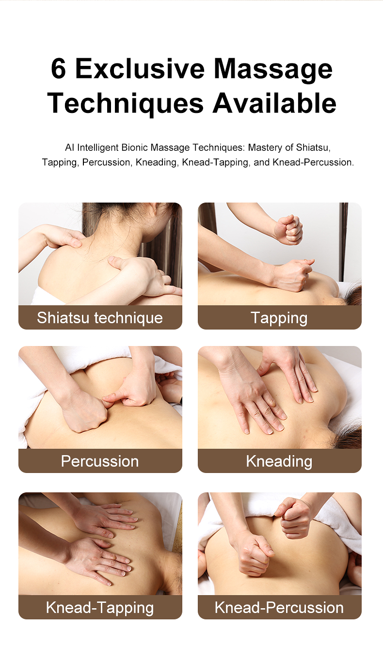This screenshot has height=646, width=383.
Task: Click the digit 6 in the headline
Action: (x=58, y=69)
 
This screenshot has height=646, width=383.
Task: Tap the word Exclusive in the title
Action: (x=140, y=69)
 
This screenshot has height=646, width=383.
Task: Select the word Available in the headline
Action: (x=274, y=103)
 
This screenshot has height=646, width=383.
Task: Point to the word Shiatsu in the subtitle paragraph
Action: (x=312, y=147)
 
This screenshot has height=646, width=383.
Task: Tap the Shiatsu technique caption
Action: (x=100, y=317)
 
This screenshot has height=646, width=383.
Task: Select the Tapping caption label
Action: (x=279, y=318)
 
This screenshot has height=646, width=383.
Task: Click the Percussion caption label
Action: (x=100, y=461)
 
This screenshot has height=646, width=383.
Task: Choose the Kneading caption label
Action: (x=279, y=461)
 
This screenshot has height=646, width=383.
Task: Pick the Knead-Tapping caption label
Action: (x=100, y=607)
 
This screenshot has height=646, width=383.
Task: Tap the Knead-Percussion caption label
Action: (x=279, y=607)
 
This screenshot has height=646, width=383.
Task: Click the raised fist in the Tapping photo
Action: (x=288, y=230)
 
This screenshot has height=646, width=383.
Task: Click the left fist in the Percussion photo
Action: (x=86, y=413)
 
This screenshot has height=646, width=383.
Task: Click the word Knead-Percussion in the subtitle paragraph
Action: (x=313, y=162)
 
